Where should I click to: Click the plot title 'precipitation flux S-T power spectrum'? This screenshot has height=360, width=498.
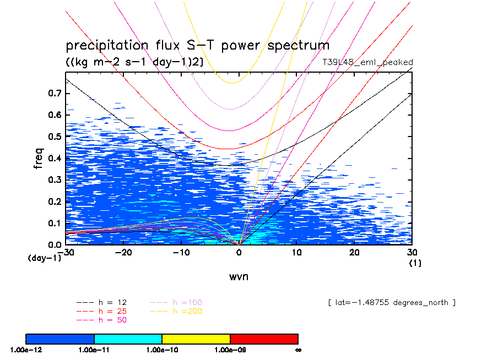click(x=197, y=46)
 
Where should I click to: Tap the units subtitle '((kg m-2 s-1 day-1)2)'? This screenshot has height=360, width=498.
click(x=134, y=62)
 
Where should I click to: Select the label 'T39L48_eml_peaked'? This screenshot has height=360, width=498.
click(x=367, y=62)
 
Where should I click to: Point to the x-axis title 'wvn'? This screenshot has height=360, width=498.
click(x=239, y=277)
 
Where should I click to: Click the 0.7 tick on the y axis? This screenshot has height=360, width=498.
click(x=53, y=94)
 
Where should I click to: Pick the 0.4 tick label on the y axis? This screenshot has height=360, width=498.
click(x=53, y=159)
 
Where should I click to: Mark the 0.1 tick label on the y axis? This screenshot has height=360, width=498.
click(x=53, y=223)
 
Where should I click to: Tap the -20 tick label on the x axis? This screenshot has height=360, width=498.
click(x=124, y=253)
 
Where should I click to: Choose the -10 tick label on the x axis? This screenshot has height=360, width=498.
click(x=181, y=253)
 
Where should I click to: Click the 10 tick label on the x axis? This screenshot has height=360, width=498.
click(x=296, y=253)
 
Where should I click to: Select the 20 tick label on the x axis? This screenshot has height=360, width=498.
click(x=354, y=253)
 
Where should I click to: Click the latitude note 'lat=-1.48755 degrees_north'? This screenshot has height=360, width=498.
click(x=392, y=303)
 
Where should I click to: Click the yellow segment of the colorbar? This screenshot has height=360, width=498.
click(x=196, y=339)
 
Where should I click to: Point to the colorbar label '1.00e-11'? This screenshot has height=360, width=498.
click(x=94, y=350)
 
